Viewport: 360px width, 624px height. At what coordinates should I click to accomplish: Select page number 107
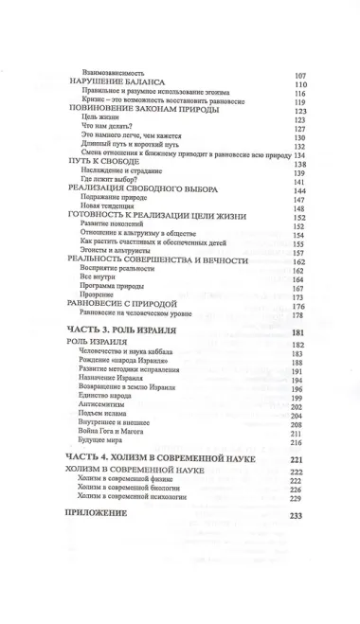point(302,75)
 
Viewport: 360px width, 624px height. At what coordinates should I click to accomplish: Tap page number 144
point(302,191)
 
